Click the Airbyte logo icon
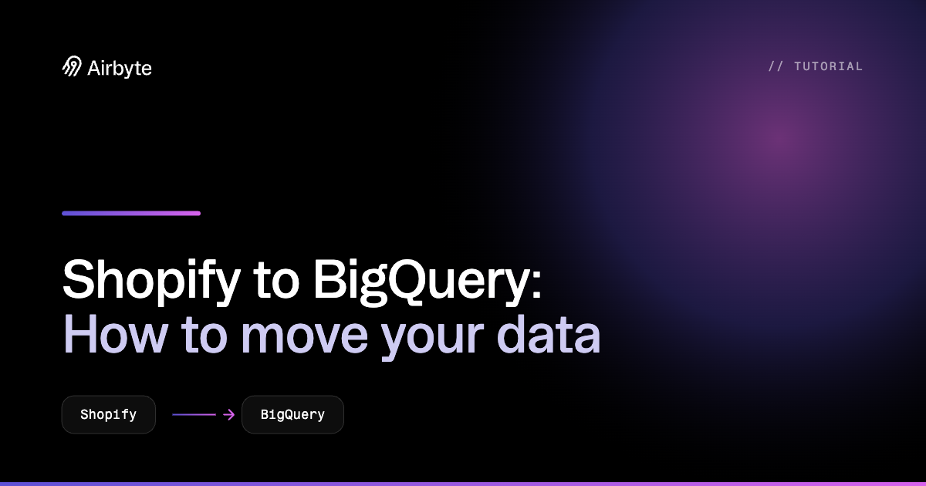coord(72,66)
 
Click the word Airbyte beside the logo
coord(120,68)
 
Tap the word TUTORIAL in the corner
coord(829,66)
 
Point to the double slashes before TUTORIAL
coord(776,66)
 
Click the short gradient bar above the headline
coord(131,213)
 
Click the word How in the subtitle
coord(115,335)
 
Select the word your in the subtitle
coord(432,339)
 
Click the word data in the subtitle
coord(548,335)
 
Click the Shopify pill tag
coord(109,414)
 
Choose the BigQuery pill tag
coord(292,414)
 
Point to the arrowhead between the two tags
coord(230,414)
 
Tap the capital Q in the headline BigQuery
coord(409,281)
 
